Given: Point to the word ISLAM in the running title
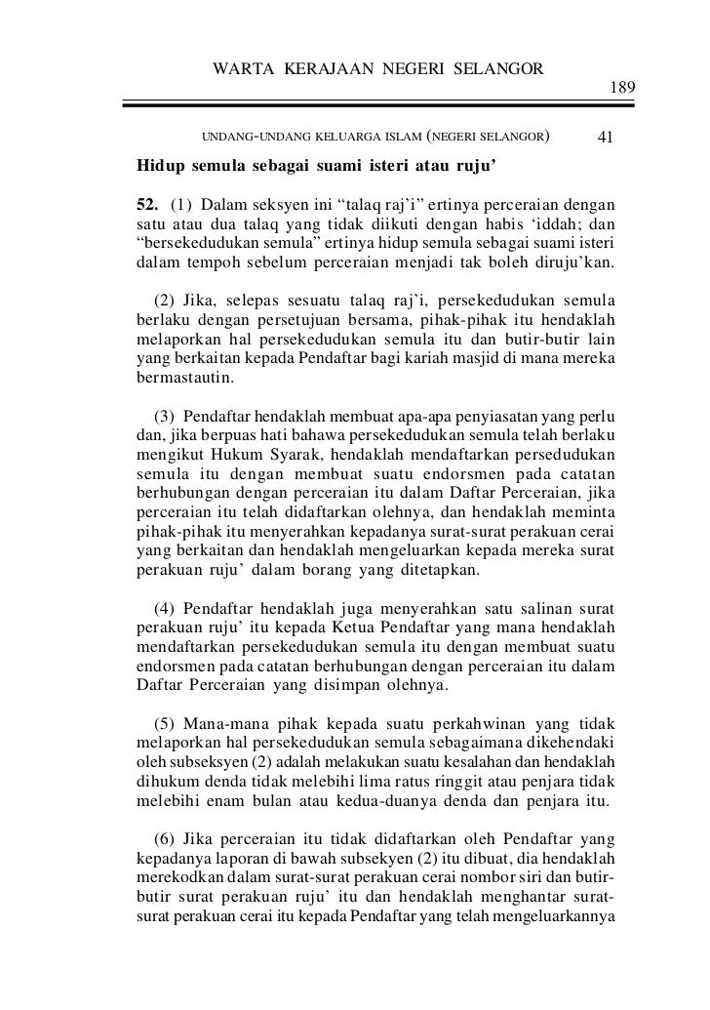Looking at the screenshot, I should (400, 137).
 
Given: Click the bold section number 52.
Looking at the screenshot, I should (147, 204).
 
